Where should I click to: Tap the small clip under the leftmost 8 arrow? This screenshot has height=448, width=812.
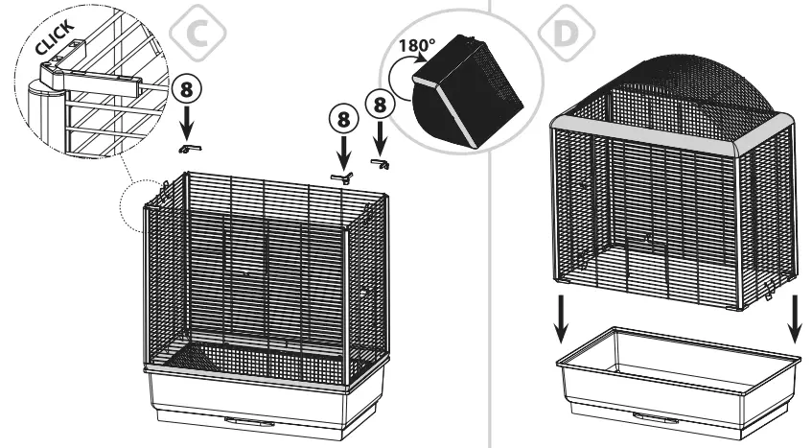(x=189, y=148)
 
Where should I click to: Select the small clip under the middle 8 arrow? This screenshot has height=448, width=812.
(x=341, y=177)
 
